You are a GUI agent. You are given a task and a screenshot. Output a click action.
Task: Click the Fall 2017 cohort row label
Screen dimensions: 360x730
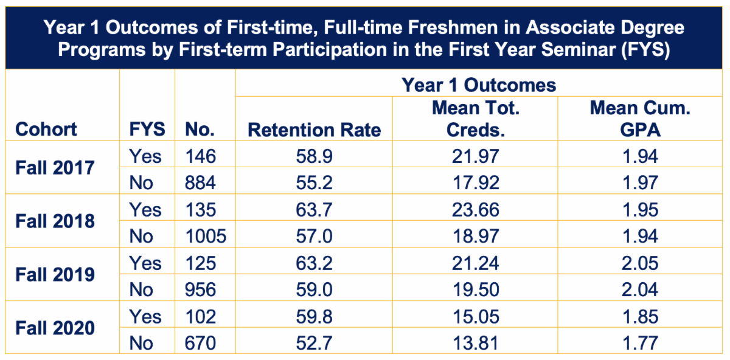[x=55, y=167]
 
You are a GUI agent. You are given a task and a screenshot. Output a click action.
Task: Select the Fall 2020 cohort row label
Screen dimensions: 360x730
[x=55, y=328]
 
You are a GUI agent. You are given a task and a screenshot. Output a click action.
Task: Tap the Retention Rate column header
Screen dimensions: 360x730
[x=314, y=129]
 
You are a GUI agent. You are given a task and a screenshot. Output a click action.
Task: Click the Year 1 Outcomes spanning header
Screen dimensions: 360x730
[x=479, y=85]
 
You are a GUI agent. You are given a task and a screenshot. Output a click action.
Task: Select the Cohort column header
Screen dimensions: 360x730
[x=46, y=129]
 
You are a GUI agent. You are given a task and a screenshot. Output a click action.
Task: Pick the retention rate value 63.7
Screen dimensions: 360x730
[x=314, y=210]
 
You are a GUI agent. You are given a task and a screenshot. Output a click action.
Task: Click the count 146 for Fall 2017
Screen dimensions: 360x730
[x=201, y=156]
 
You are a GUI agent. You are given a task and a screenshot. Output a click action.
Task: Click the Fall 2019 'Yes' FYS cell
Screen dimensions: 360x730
[x=145, y=263]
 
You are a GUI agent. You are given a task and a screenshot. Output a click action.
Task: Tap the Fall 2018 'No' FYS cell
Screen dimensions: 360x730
[x=142, y=236]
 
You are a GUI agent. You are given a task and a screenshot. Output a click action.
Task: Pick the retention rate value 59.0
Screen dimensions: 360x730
[x=314, y=289]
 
